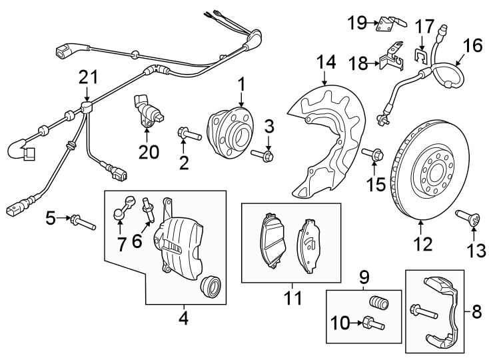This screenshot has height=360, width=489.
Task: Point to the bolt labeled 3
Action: click(x=264, y=156)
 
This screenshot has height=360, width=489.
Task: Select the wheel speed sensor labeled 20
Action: click(x=147, y=113)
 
